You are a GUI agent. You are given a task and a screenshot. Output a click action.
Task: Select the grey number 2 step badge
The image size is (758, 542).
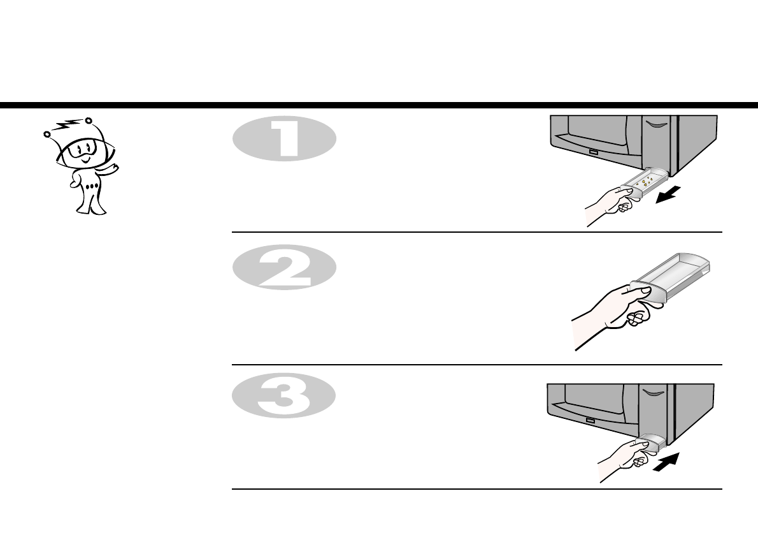point(283,268)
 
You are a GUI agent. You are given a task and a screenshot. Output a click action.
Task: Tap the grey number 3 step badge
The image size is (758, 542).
point(283,395)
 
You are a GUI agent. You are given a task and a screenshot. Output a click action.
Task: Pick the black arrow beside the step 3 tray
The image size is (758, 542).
point(666,464)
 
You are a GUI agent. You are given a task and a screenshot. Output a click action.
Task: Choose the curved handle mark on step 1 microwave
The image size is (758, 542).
point(654,124)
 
